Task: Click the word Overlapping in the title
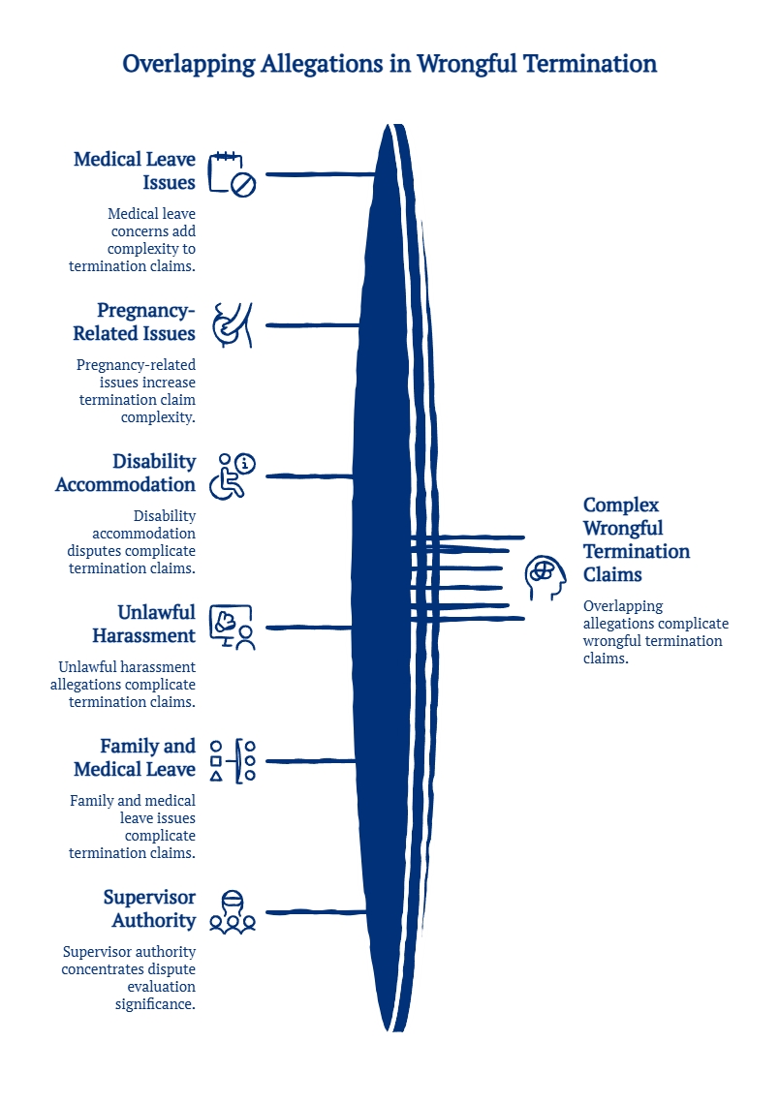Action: tap(189, 65)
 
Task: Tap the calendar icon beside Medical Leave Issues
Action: tap(232, 174)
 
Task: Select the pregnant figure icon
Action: tap(233, 325)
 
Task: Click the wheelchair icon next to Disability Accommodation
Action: tap(232, 476)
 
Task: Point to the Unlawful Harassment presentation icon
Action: tap(232, 628)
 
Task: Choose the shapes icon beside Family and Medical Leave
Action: tap(233, 761)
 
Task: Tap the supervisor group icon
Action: tap(233, 912)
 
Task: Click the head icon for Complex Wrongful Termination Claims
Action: tap(545, 577)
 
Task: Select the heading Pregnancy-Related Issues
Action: tap(135, 322)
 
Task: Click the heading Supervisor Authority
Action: tap(150, 908)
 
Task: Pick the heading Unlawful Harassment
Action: tap(143, 624)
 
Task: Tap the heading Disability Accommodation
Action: tap(125, 473)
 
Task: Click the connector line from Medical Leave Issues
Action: tap(321, 174)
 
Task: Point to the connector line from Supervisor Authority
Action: tap(316, 912)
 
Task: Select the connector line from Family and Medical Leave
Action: tap(311, 761)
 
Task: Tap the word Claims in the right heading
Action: tap(612, 574)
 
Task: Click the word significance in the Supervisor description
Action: tap(155, 1004)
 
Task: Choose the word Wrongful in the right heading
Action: tap(623, 528)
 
